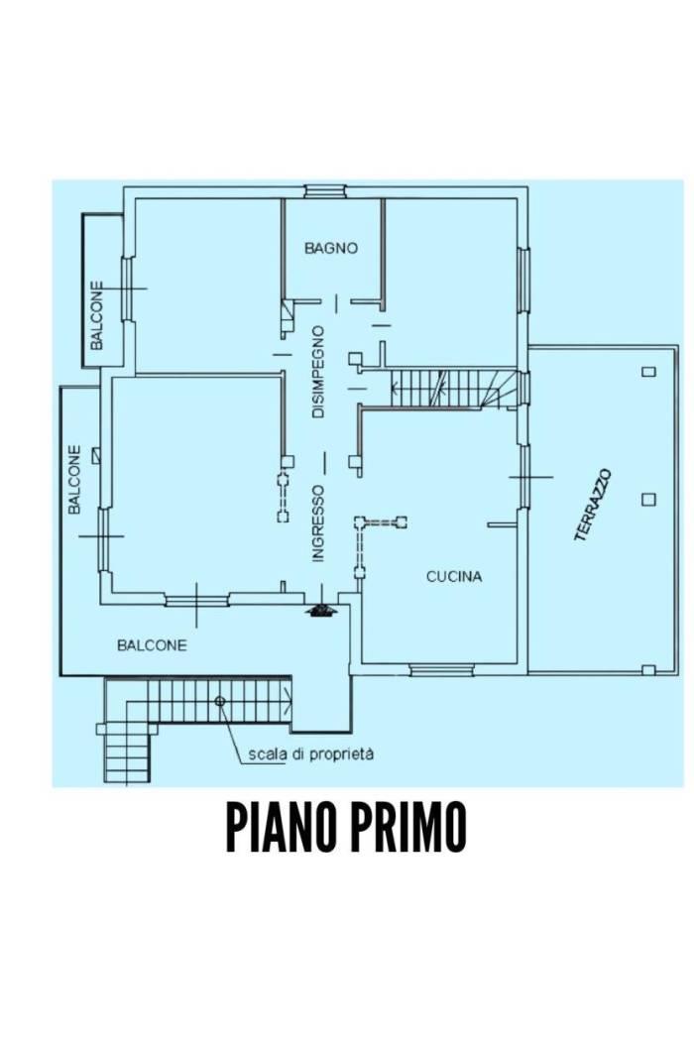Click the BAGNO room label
click(x=330, y=248)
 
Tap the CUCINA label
click(x=454, y=576)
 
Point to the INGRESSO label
click(x=318, y=523)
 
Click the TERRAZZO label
click(x=593, y=505)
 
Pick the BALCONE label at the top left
click(x=97, y=315)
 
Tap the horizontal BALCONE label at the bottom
click(x=152, y=644)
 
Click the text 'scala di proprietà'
click(x=310, y=754)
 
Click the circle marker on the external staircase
click(x=220, y=701)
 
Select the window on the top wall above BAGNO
click(x=325, y=191)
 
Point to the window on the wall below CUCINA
click(x=441, y=670)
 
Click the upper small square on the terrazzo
click(x=648, y=372)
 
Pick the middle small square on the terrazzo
click(x=648, y=499)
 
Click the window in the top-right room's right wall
click(x=523, y=280)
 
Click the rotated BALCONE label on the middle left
click(x=74, y=479)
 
